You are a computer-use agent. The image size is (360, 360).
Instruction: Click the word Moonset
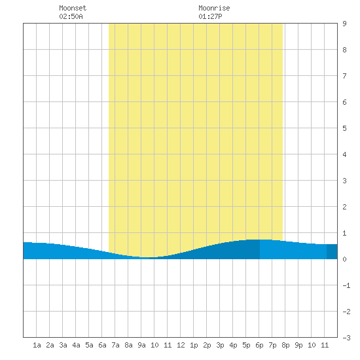pos(73,8)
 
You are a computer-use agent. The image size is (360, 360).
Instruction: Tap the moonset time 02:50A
pos(71,16)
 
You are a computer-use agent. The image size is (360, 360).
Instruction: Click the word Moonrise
pos(214,8)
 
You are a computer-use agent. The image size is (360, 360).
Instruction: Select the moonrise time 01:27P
pos(210,16)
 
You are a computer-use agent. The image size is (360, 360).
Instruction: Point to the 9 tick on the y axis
pos(344,24)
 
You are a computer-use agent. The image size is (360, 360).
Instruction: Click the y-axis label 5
pos(344,128)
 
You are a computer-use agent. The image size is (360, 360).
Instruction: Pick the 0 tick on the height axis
pos(344,259)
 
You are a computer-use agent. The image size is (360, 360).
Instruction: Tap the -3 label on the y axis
pos(346,338)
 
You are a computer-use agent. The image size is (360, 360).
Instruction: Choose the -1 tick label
pos(346,285)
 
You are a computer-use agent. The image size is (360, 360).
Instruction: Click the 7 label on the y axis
pos(344,76)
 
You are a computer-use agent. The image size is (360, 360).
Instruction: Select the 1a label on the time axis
pos(37,345)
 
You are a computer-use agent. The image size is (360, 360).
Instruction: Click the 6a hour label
pos(102,345)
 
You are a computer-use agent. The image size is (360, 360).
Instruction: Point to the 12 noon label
pos(181,345)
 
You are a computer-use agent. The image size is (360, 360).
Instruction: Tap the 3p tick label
pos(220,345)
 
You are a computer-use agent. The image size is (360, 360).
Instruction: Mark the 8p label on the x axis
pos(285,345)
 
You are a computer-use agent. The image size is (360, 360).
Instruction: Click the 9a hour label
pos(141,345)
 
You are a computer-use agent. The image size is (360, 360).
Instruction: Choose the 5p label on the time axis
pos(246,345)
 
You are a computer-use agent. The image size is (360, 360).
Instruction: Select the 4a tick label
pos(76,345)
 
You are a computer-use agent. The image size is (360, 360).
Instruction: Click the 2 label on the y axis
pos(344,207)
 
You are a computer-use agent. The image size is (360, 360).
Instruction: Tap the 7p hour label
pos(272,345)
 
